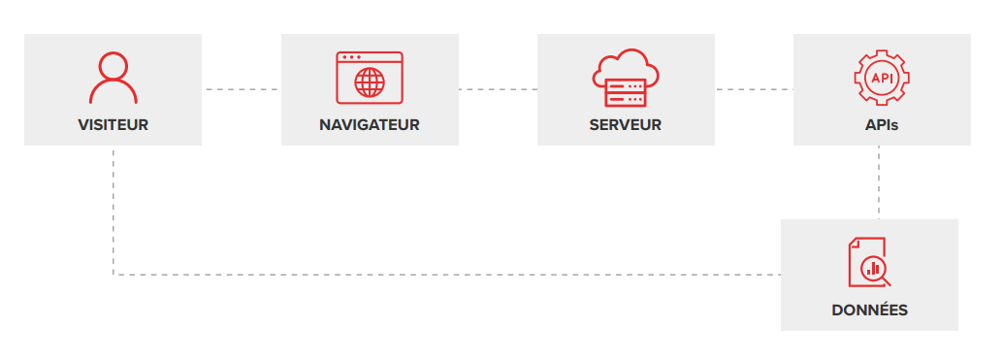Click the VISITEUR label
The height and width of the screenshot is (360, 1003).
click(113, 125)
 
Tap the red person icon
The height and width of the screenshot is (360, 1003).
click(113, 78)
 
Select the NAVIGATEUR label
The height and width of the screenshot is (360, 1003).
click(369, 125)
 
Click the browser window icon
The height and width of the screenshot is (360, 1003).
click(369, 77)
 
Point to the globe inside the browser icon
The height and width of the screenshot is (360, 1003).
click(369, 83)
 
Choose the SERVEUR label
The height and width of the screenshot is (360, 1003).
click(625, 125)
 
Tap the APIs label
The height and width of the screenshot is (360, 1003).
click(881, 125)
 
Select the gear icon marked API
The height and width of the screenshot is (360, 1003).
click(881, 77)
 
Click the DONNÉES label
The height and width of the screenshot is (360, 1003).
click(869, 311)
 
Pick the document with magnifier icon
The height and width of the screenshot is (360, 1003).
click(869, 262)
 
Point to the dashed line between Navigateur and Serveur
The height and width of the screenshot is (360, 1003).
click(497, 89)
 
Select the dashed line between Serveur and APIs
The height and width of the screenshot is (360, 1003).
click(754, 89)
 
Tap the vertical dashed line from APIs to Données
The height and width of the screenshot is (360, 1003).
click(879, 182)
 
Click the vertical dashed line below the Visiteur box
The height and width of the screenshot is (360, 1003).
click(113, 209)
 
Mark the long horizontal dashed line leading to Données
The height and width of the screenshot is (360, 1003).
click(446, 275)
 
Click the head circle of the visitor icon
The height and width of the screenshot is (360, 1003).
click(113, 65)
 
